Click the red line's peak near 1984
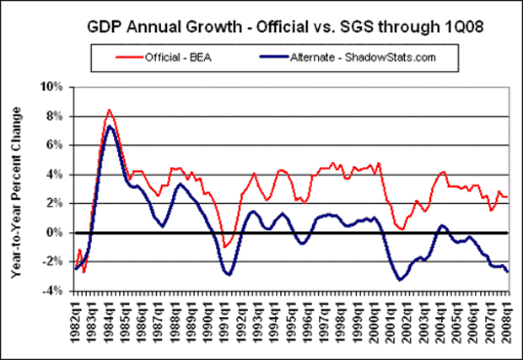110,110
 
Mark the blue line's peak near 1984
110,126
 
